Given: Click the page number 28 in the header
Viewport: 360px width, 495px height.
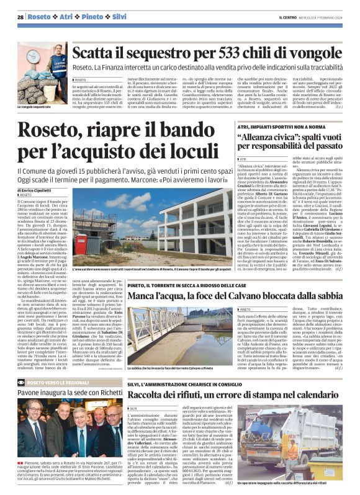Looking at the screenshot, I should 20,17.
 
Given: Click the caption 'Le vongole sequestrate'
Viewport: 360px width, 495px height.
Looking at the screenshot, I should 35,91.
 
